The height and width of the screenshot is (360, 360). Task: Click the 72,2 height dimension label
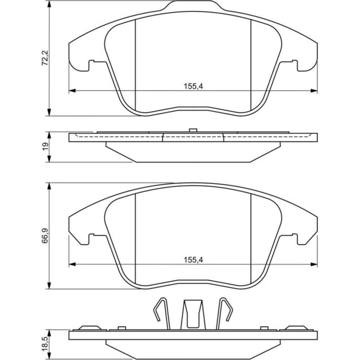pyautogui.click(x=45, y=58)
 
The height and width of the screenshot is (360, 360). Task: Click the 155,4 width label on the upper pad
pyautogui.click(x=193, y=86)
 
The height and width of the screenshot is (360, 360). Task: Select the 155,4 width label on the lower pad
pyautogui.click(x=193, y=260)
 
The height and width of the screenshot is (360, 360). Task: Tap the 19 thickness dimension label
pyautogui.click(x=45, y=146)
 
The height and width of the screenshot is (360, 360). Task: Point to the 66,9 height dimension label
pyautogui.click(x=45, y=236)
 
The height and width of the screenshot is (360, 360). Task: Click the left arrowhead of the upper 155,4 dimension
pyautogui.click(x=72, y=91)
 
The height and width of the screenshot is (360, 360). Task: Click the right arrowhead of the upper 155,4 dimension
pyautogui.click(x=314, y=91)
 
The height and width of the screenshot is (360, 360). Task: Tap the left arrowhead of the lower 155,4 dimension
pyautogui.click(x=72, y=265)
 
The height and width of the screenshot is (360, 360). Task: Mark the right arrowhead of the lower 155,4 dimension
pyautogui.click(x=314, y=265)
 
